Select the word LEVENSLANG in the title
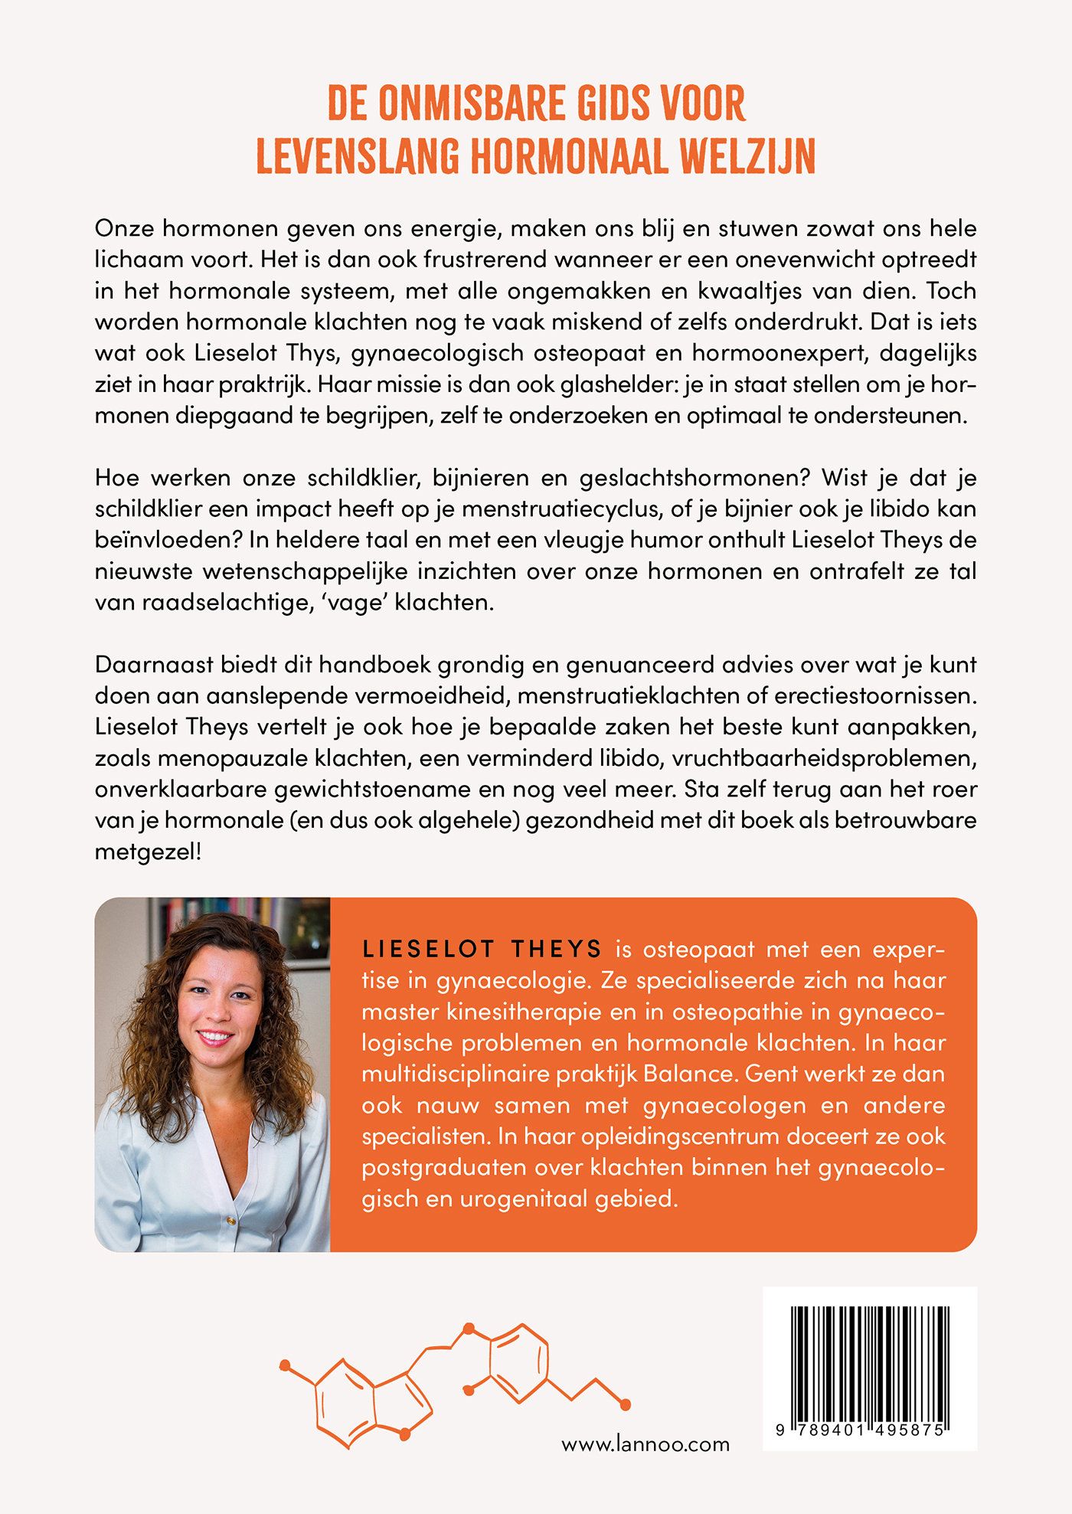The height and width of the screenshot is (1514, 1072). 358,156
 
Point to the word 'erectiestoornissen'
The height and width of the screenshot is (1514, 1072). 875,696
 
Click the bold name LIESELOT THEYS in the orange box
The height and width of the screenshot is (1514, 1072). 482,950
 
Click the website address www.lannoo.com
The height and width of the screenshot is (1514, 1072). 645,1445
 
